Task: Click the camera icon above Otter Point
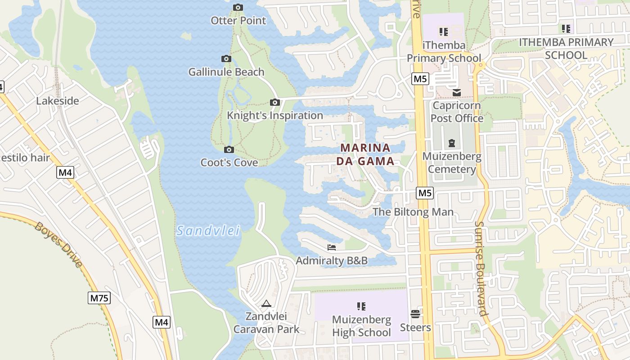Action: [238, 7]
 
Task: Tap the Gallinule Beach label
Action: [226, 72]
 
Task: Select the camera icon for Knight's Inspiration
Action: [275, 103]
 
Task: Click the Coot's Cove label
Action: [229, 162]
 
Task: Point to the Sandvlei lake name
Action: [208, 231]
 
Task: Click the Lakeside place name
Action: [58, 101]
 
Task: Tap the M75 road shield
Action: [99, 298]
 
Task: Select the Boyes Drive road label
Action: [58, 244]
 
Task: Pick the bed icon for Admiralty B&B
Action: [332, 247]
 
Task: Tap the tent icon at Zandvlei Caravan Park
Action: [266, 304]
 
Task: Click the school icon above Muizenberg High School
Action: [361, 306]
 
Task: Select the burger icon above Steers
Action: [415, 314]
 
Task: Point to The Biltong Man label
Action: [413, 212]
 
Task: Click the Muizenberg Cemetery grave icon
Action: [452, 144]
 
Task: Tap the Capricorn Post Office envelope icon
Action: [457, 93]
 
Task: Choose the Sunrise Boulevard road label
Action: [481, 268]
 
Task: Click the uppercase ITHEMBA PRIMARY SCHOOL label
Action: [566, 49]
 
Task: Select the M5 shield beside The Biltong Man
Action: [424, 193]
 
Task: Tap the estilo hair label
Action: [25, 158]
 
